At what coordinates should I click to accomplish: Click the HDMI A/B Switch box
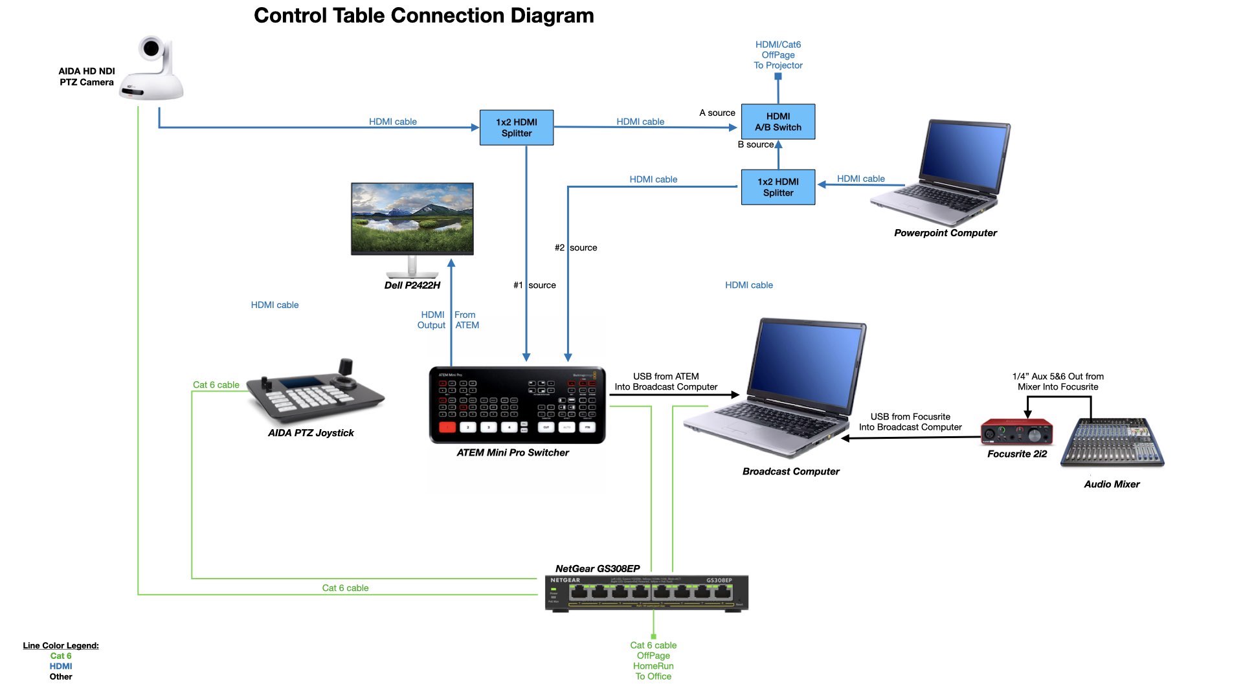(x=778, y=122)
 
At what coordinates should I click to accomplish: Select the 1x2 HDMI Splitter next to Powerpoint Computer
(x=778, y=187)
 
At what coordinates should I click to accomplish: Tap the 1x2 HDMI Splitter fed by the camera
(x=516, y=128)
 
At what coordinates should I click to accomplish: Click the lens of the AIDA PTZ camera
(x=151, y=48)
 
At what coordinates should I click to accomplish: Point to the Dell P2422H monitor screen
(x=412, y=217)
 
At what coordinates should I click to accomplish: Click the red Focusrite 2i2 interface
(x=1016, y=432)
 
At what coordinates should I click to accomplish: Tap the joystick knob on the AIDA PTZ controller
(x=346, y=367)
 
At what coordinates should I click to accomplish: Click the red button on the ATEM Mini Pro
(x=447, y=427)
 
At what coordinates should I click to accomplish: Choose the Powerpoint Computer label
(x=945, y=233)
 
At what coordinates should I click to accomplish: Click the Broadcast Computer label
(x=790, y=472)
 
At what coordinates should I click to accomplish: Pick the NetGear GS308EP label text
(x=597, y=569)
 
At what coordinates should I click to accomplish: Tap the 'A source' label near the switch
(x=717, y=113)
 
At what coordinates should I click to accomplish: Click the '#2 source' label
(x=576, y=248)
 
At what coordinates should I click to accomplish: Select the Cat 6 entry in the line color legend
(x=61, y=656)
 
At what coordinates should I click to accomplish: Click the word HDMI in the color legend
(x=61, y=666)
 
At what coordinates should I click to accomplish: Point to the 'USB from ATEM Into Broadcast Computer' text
(x=666, y=382)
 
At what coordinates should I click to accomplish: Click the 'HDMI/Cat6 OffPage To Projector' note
(x=778, y=55)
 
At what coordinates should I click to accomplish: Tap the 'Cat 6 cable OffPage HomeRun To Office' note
(x=653, y=661)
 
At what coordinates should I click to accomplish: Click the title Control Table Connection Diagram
(x=423, y=16)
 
